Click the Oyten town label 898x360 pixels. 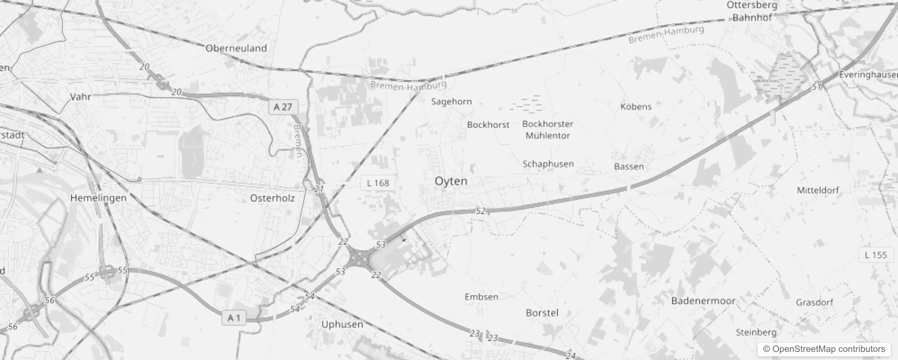click(451, 181)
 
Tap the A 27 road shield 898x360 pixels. click(283, 107)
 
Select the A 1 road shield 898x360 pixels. click(234, 318)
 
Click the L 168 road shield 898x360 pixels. click(377, 183)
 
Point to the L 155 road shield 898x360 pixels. click(876, 255)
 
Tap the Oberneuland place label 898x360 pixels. click(236, 49)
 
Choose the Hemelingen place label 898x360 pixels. click(98, 198)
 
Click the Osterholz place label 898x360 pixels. click(272, 198)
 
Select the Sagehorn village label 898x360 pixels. click(451, 102)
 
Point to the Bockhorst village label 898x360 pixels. click(488, 125)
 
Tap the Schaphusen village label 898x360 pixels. click(548, 164)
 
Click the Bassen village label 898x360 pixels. click(629, 167)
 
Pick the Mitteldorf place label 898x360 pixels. click(818, 190)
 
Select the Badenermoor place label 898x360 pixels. click(703, 301)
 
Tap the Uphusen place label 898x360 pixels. click(342, 324)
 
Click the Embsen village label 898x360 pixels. click(481, 297)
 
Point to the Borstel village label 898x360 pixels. click(542, 313)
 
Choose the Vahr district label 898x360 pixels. click(81, 97)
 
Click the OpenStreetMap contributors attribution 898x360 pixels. click(824, 349)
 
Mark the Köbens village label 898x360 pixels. click(636, 107)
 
